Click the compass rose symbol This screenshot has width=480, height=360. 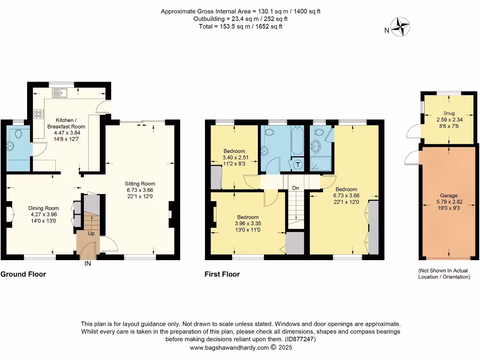[x=401, y=27]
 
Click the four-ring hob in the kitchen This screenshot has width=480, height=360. [x=38, y=114]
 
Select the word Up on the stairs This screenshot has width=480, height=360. [x=91, y=233]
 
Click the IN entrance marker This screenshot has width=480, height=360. [x=87, y=264]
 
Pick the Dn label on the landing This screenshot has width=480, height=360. [x=296, y=188]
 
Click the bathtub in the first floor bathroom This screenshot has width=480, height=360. [x=297, y=141]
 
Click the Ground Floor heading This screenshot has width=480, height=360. [x=23, y=274]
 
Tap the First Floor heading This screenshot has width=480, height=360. [x=222, y=274]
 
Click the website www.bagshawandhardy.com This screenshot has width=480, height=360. [x=229, y=347]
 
